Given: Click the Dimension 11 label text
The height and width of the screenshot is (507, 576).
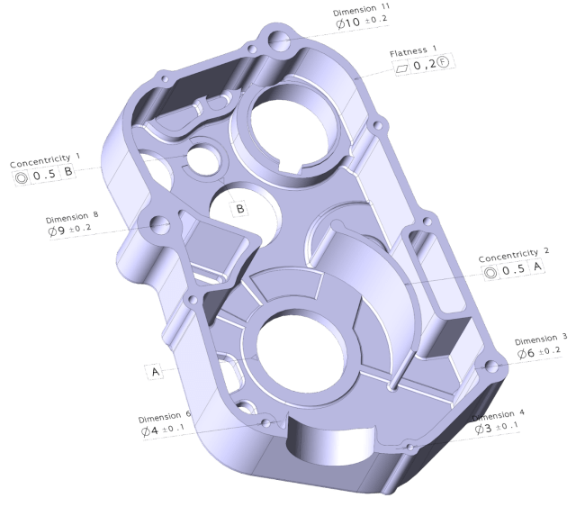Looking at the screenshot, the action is pos(361,10).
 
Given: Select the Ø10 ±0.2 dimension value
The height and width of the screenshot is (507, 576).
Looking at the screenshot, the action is pos(362,22).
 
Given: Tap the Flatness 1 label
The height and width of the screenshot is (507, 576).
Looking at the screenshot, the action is pos(413,51).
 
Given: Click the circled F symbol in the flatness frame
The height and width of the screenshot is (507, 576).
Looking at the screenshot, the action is pos(444,62).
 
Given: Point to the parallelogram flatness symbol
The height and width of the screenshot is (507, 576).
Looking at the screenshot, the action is pos(402,68).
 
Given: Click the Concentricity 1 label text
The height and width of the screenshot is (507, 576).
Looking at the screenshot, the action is pos(45,160).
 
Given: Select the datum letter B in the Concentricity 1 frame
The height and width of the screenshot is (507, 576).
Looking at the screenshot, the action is pos(68,171).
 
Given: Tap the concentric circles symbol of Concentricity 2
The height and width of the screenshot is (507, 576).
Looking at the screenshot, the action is pos(490,273).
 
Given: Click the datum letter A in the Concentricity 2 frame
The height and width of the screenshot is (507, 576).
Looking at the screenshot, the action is pos(537,266).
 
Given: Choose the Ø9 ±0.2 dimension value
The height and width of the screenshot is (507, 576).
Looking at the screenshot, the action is pos(69,230).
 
